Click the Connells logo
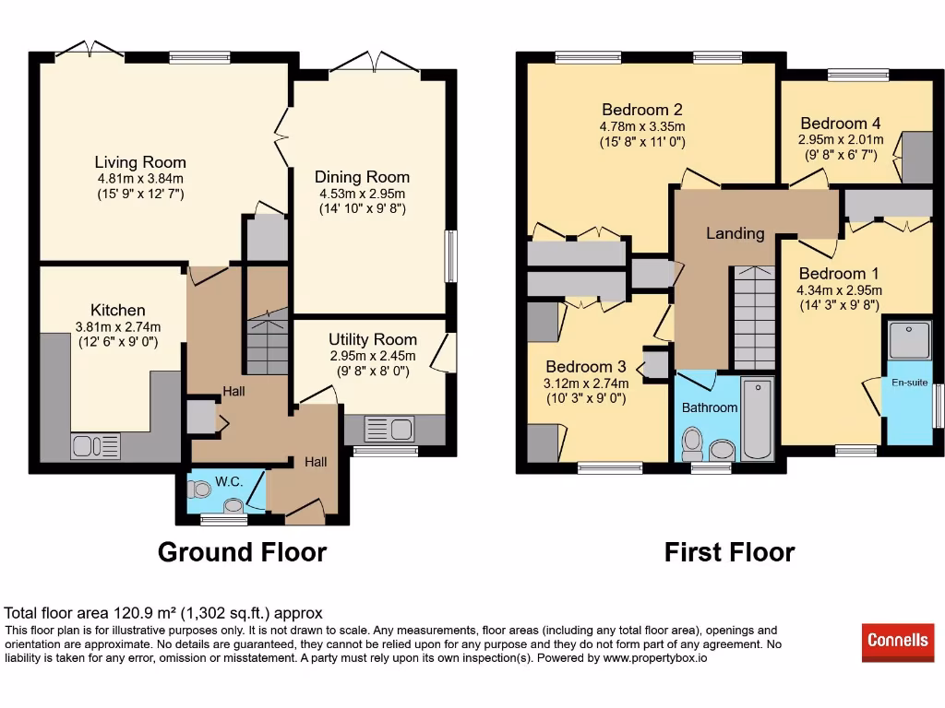click(898, 642)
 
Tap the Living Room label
click(140, 162)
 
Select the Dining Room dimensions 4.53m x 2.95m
click(362, 194)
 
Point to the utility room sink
click(389, 430)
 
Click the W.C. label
click(228, 481)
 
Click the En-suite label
click(909, 382)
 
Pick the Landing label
click(735, 233)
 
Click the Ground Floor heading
click(242, 552)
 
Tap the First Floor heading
click(729, 552)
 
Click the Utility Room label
click(372, 339)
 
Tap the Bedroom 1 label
click(838, 274)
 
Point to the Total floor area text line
click(163, 613)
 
